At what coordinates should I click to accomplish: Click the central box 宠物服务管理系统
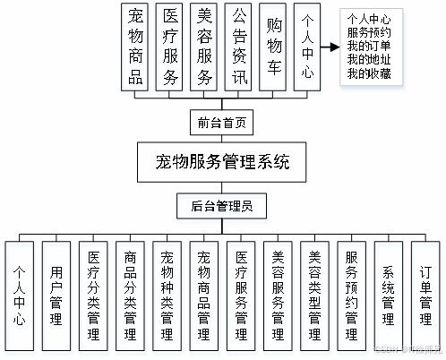pos(223,164)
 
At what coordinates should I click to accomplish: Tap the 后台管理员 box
pos(223,205)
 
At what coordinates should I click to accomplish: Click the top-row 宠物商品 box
pos(136,47)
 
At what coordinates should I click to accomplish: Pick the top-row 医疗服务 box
pos(171,47)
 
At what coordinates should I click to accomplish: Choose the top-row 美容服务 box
pos(205,47)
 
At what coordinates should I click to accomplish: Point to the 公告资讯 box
pos(239,47)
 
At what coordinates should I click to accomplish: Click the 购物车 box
pos(274,47)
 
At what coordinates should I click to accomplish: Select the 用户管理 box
pos(56,293)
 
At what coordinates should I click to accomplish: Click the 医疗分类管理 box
pos(94,293)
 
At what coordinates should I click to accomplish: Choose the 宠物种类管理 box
pos(167,293)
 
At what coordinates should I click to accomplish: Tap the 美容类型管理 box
pos(314,293)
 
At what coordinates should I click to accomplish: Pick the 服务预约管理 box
pos(351,293)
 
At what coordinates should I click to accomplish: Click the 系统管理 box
pos(388,293)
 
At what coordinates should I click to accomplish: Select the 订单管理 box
pos(425,293)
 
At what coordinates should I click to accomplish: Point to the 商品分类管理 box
pos(131,293)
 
